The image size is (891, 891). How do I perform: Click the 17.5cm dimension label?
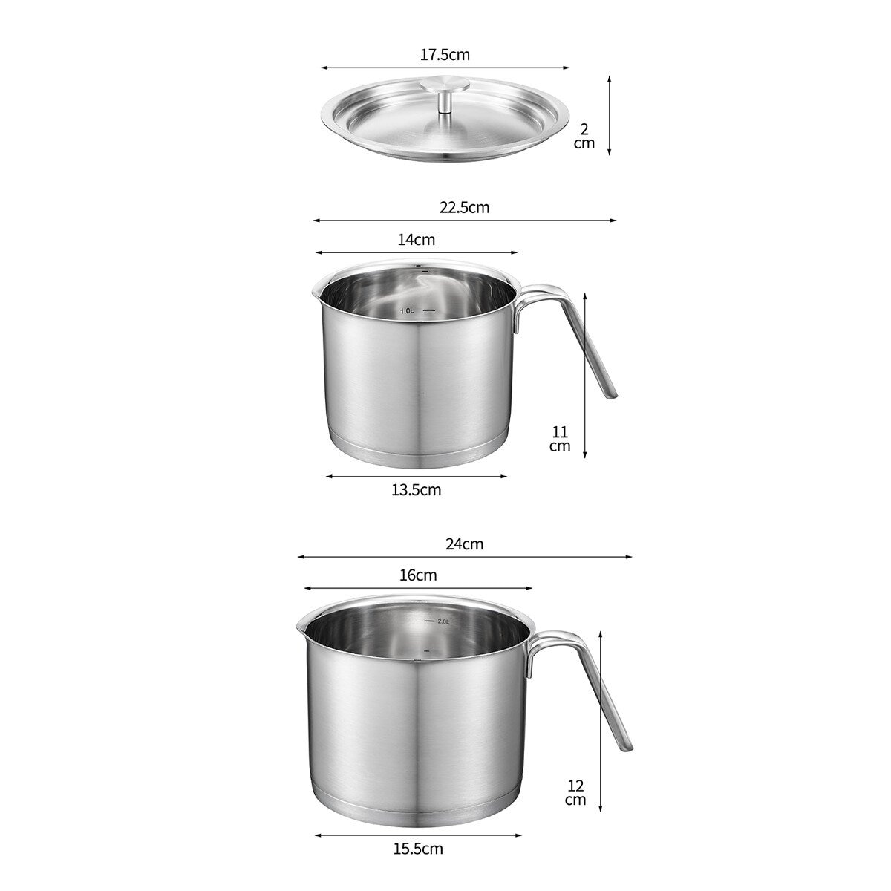pyautogui.click(x=444, y=55)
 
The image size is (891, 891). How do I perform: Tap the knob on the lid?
pyautogui.click(x=446, y=94)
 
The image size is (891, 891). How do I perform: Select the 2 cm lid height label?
pyautogui.click(x=584, y=136)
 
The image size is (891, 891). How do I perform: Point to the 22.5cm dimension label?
pyautogui.click(x=464, y=207)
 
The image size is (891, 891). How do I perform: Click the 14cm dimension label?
pyautogui.click(x=417, y=240)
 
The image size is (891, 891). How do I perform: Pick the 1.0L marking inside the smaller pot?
pyautogui.click(x=407, y=311)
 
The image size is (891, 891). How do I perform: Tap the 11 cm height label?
pyautogui.click(x=560, y=439)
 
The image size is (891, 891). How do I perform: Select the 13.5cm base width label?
pyautogui.click(x=416, y=490)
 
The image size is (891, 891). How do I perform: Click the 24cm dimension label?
pyautogui.click(x=464, y=544)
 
